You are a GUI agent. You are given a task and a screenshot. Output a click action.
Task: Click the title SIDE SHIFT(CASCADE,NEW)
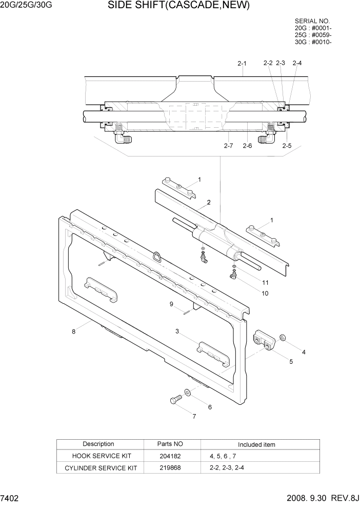tap(178, 6)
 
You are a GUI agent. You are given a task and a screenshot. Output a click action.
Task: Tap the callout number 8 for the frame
tap(74, 331)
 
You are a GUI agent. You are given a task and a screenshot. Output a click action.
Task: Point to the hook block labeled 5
tap(263, 341)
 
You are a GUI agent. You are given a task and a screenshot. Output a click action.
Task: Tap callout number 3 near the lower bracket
tap(177, 331)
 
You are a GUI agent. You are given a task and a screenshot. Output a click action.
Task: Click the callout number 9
tap(172, 304)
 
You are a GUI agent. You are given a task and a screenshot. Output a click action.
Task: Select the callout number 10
tap(265, 293)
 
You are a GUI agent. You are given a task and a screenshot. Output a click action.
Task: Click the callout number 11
tap(265, 282)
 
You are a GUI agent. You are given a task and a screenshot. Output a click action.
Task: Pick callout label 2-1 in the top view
tap(242, 64)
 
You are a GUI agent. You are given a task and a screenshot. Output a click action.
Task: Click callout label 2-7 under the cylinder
tap(228, 146)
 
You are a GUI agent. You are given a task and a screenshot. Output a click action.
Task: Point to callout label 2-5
tap(287, 146)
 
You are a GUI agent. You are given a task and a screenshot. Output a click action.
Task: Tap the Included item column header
tap(256, 444)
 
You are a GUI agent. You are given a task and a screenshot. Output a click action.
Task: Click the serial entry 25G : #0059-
tap(313, 35)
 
